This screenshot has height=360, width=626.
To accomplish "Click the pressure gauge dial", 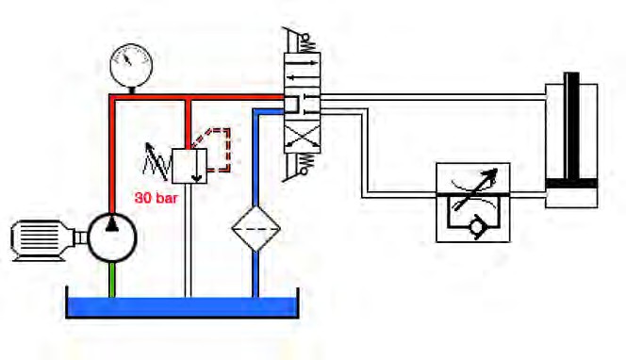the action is pos(131,64).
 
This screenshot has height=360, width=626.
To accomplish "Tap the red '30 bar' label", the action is pos(156,198).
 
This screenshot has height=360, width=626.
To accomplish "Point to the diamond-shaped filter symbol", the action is pos(255,228).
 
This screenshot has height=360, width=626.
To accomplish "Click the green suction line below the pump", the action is pos(112,280).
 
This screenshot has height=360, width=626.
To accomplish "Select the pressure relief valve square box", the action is pos(189,166).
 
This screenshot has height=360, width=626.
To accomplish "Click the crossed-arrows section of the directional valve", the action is pos(302,139).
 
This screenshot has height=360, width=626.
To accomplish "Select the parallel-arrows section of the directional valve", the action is pos(302,69).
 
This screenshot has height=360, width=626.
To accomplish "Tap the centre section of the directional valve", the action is pos(302,104).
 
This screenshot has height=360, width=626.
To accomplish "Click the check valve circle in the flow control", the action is pos(477,227).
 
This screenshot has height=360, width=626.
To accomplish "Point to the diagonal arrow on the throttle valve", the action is pos(475,188).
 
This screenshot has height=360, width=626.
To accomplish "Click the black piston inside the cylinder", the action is pos(571,183).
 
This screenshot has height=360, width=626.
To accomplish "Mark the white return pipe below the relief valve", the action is pos(188,240).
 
